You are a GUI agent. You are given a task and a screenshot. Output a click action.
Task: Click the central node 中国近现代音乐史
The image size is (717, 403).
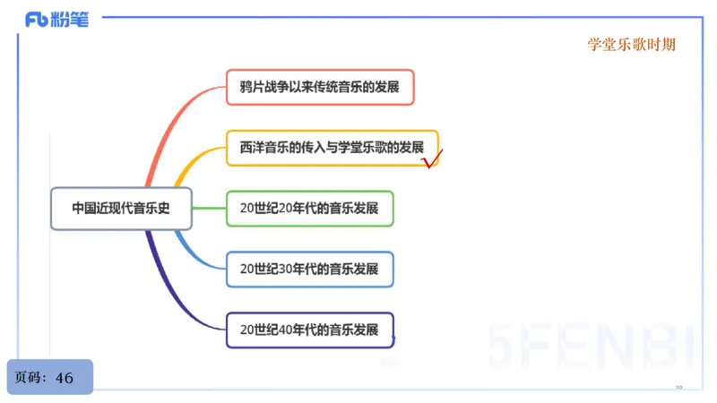coord(120,208)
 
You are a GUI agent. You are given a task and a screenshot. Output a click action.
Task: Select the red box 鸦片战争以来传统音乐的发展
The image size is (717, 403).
coord(320,88)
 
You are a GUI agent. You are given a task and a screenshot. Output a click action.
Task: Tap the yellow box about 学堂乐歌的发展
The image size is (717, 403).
coord(332,147)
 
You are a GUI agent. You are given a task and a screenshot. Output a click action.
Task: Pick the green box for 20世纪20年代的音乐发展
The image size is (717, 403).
coord(309,208)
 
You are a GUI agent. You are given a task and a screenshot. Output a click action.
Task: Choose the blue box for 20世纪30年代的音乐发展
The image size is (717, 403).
coord(309,269)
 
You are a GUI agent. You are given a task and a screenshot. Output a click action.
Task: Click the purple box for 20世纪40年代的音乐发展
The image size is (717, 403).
coord(309,329)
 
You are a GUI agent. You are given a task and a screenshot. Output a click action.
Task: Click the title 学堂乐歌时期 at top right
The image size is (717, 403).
coord(631,45)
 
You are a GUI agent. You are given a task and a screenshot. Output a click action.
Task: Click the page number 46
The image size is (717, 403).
coord(65,378)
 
